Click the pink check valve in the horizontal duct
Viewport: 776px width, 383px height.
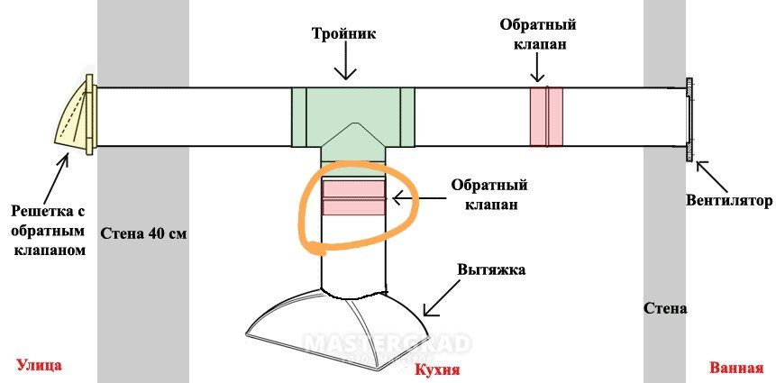[546, 116]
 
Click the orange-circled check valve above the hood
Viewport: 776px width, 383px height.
[354, 197]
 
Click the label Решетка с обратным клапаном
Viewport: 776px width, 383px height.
[48, 231]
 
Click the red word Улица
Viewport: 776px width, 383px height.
[39, 366]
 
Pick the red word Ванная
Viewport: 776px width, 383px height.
[736, 368]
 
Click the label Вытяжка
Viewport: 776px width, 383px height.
[490, 269]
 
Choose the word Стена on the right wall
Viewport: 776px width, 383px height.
[665, 308]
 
